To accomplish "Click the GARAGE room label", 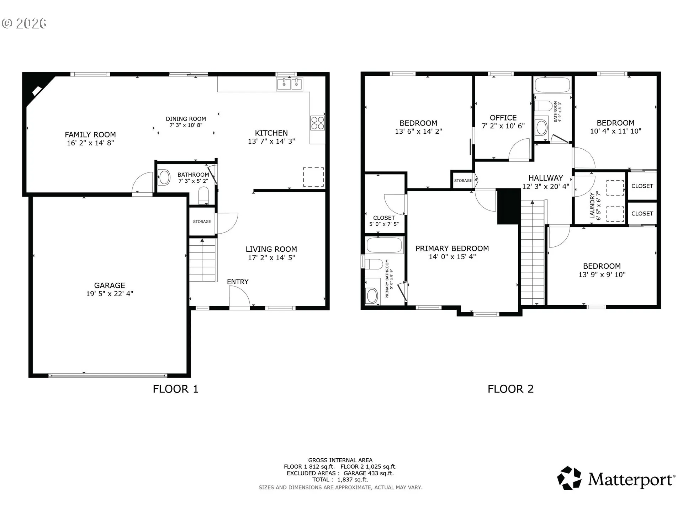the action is [110, 286].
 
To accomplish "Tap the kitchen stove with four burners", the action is [318, 123].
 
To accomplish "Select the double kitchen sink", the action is [290, 84].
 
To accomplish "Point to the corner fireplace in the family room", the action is [37, 90].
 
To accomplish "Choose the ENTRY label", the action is [238, 282].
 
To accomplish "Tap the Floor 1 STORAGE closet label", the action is [202, 222].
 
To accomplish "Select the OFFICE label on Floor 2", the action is [503, 118].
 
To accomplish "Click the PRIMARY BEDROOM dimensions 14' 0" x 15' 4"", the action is [452, 257].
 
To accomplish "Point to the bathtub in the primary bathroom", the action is [385, 245].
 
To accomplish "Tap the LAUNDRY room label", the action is [592, 206].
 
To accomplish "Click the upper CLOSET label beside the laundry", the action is [642, 186].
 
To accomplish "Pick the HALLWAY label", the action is [546, 178].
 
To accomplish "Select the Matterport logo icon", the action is [569, 478].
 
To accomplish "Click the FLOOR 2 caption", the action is [510, 389].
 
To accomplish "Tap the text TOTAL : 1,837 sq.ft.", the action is [340, 480].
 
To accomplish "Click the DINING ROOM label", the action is [186, 119].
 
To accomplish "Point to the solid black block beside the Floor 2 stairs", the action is [509, 206].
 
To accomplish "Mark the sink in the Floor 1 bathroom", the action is [164, 177].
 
